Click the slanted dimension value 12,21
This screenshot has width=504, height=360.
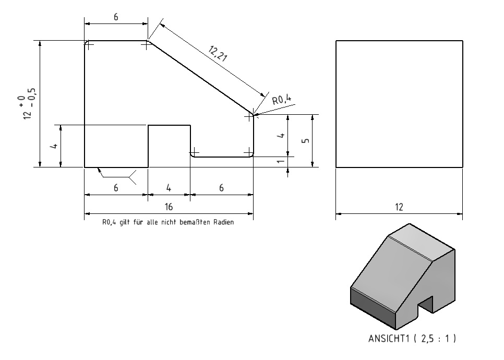pyautogui.click(x=218, y=53)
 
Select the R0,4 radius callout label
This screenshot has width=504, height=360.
pyautogui.click(x=282, y=100)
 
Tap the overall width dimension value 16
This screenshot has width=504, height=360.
pyautogui.click(x=169, y=207)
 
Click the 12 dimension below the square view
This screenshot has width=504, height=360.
pyautogui.click(x=399, y=207)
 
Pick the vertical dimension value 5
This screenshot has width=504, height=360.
pyautogui.click(x=306, y=141)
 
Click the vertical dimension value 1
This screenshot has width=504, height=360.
pyautogui.click(x=281, y=161)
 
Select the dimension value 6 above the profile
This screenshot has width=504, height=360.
pyautogui.click(x=116, y=17)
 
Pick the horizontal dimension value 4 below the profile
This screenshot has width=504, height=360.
pyautogui.click(x=169, y=188)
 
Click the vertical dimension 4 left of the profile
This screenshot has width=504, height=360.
pyautogui.click(x=55, y=146)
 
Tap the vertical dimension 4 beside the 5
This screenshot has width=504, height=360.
pyautogui.click(x=281, y=135)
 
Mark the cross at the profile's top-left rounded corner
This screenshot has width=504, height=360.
pyautogui.click(x=89, y=45)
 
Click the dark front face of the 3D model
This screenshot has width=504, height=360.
pyautogui.click(x=373, y=308)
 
